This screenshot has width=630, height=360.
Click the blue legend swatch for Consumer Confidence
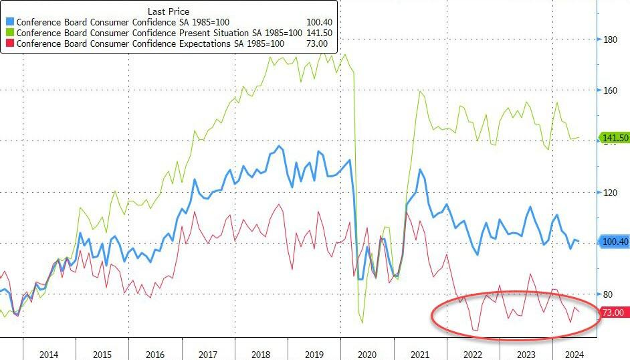pos(9,22)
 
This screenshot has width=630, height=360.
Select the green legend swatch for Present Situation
pos(9,33)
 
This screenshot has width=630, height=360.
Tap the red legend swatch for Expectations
pos(9,43)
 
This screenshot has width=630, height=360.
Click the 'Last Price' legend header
pos(169,10)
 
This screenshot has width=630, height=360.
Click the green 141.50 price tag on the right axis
pos(615,138)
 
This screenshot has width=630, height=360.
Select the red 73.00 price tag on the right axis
pos(613,312)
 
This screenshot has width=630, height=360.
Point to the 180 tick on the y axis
pos(609,39)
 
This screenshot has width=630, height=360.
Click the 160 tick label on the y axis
pos(609,90)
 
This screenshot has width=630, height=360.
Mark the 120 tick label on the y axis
pos(609,193)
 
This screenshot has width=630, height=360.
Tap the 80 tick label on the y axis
pos(607,294)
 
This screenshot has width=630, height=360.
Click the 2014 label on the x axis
pos(49,353)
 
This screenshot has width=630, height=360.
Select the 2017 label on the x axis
pos(208,353)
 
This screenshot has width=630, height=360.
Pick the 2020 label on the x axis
pos(367,353)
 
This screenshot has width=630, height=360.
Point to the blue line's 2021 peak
pos(421,169)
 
